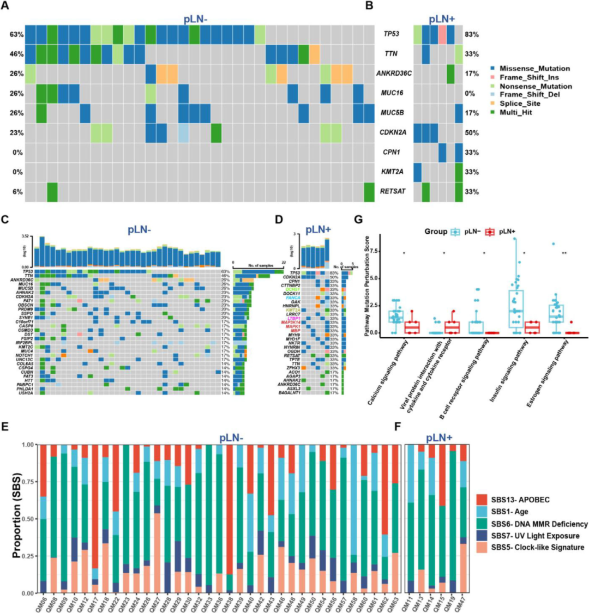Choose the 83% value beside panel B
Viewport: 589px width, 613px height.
point(470,34)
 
